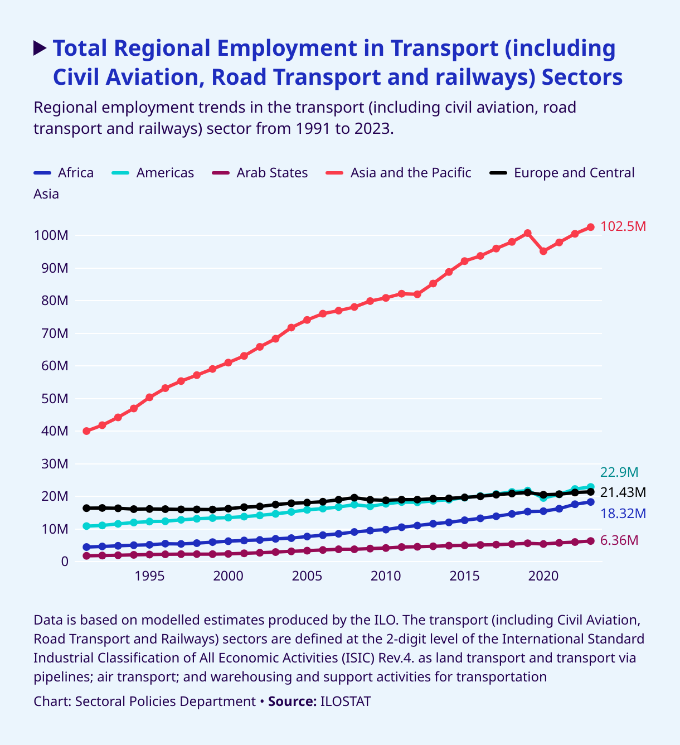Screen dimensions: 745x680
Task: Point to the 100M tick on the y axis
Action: coord(51,235)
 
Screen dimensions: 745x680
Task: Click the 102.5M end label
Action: coord(623,226)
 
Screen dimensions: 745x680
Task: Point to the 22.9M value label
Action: coord(619,472)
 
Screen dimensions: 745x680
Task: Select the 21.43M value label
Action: coord(623,492)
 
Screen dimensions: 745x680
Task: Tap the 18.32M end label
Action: coord(623,514)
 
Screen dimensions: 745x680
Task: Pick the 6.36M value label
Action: coord(619,540)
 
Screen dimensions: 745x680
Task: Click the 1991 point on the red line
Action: coord(86,431)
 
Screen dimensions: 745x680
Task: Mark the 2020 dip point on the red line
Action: coord(543,251)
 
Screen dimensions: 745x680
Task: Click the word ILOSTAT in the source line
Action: coord(346,702)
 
